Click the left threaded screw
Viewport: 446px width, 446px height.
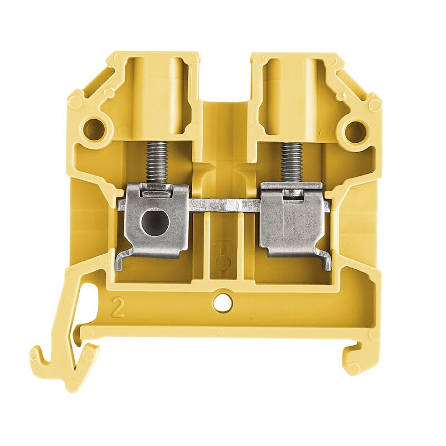click(157, 162)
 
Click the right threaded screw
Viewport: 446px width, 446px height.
click(291, 162)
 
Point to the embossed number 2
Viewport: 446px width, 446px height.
click(119, 307)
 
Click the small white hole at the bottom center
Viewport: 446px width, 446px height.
click(223, 303)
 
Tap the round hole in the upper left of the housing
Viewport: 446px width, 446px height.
click(95, 130)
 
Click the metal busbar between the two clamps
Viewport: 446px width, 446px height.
click(225, 205)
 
